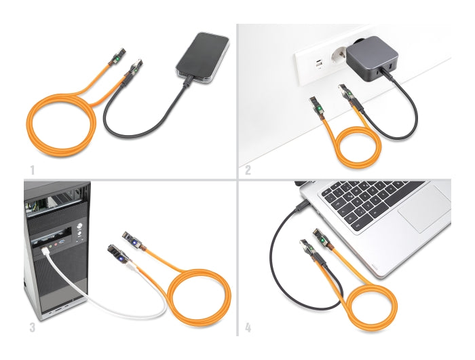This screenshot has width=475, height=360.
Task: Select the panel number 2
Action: tap(248, 169)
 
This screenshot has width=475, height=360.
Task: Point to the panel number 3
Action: tap(31, 327)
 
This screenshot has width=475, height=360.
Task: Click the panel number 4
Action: tap(248, 327)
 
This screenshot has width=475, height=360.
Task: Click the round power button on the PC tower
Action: tap(80, 226)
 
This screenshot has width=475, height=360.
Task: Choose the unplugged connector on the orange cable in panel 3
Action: tap(132, 240)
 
